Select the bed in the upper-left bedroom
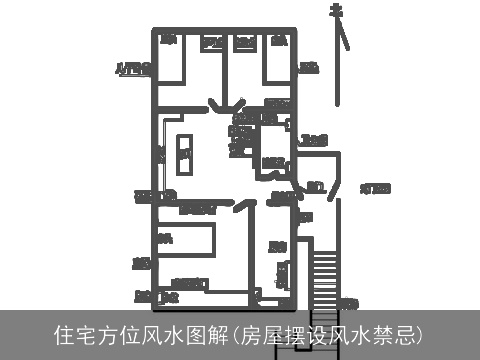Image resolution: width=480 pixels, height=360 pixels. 169,59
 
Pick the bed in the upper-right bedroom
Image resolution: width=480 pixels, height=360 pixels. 279,59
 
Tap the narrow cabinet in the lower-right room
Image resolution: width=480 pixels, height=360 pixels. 283,274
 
